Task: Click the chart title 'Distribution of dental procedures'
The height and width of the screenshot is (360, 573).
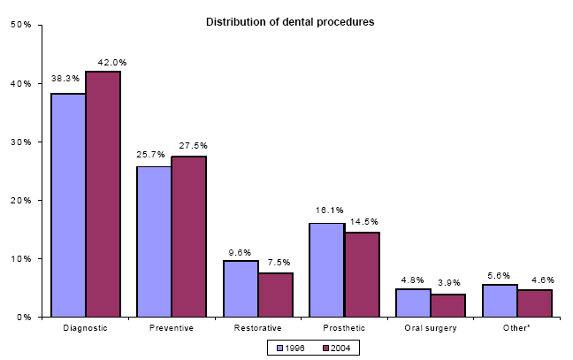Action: coord(290,21)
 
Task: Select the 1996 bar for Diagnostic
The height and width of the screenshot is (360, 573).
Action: coord(68,204)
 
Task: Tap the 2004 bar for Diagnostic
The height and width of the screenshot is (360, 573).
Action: coord(103,194)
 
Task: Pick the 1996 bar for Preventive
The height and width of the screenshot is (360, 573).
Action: coord(154,241)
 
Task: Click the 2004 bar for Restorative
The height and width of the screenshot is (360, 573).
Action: coord(275,295)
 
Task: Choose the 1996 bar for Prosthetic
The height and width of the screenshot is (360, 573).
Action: coord(326,269)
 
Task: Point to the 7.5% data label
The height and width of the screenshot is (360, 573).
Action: coord(277,262)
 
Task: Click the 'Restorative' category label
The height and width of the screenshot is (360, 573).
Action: coord(258,328)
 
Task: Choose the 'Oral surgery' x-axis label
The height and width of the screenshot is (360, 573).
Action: coord(431,328)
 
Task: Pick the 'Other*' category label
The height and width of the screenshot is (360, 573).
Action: coord(516,328)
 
